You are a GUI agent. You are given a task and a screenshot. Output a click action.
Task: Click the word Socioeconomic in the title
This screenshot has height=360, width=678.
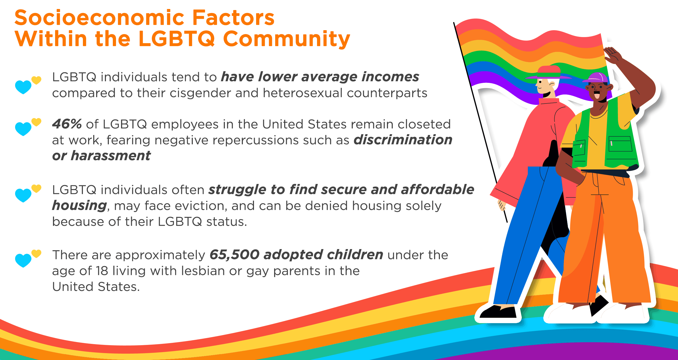[99, 18]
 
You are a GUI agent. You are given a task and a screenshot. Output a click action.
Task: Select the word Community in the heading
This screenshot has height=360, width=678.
[287, 39]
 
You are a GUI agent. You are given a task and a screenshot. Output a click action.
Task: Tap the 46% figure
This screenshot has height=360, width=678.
[67, 124]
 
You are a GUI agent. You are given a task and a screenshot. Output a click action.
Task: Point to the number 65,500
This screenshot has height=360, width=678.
[234, 255]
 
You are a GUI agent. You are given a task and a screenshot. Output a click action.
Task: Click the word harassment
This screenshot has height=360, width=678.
[111, 156]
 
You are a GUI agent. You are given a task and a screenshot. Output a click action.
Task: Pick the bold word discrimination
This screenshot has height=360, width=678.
[403, 140]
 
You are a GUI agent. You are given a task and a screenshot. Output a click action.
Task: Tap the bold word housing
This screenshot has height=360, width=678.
[79, 206]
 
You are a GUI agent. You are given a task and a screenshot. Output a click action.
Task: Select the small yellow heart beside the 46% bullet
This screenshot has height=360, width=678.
[37, 122]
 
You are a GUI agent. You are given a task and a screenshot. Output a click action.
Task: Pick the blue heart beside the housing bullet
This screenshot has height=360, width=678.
[23, 195]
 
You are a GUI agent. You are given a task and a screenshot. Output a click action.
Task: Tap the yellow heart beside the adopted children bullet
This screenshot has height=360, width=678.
[37, 254]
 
